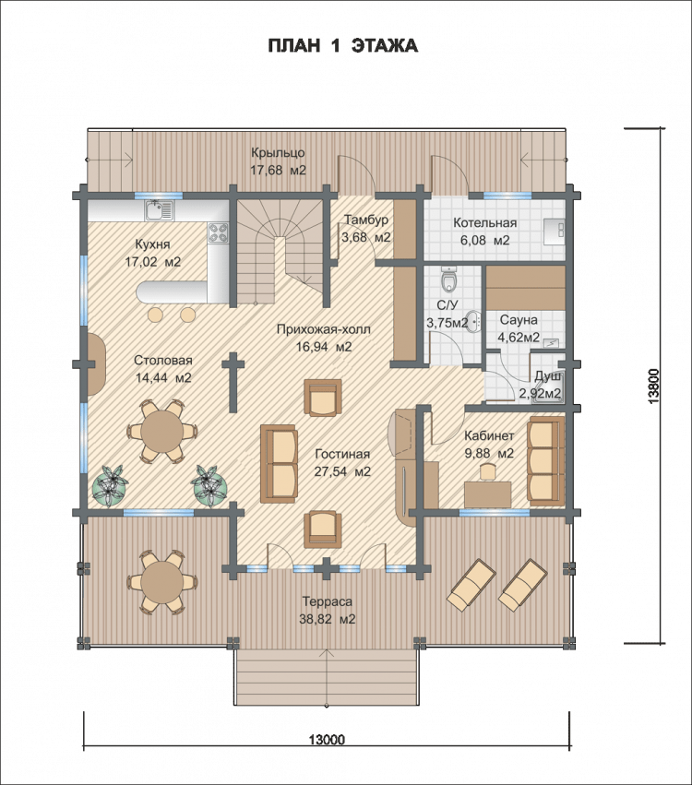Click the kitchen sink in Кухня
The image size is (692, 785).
[x=160, y=210]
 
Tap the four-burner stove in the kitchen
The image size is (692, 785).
[x=219, y=232]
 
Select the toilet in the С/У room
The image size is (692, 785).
[x=449, y=280]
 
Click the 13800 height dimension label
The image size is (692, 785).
[x=653, y=386]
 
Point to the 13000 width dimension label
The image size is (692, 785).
[x=327, y=740]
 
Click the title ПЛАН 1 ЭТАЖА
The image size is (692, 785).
[x=343, y=45]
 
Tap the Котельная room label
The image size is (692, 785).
[x=484, y=223]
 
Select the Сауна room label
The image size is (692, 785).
[x=519, y=320]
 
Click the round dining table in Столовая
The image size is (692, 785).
[x=161, y=430]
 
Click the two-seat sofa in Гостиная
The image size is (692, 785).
[x=279, y=464]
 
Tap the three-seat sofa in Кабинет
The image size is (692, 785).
[x=546, y=461]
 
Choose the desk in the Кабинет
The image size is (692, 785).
[x=488, y=494]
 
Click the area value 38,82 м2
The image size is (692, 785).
[x=328, y=619]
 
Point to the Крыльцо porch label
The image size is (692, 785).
[x=278, y=152]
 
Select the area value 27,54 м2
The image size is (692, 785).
[x=342, y=471]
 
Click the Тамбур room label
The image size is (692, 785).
[x=366, y=220]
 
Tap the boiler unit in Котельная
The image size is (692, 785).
[x=555, y=232]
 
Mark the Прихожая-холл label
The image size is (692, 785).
[x=324, y=329]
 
